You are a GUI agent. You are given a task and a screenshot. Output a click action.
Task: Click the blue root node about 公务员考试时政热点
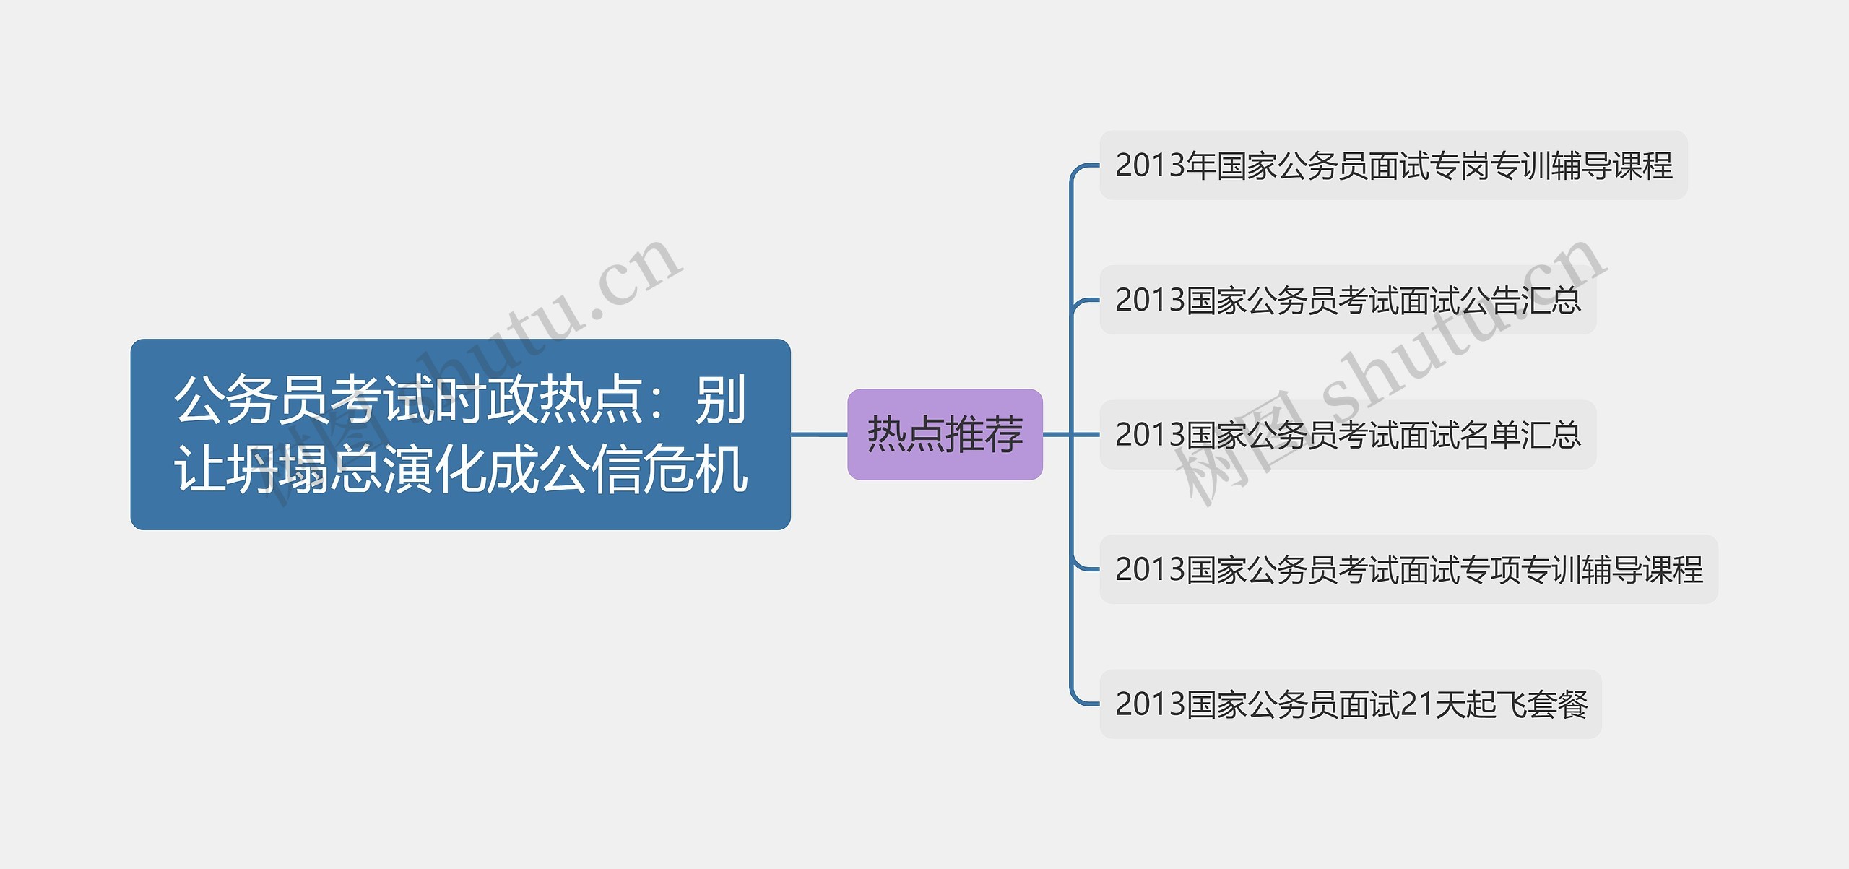pos(460,434)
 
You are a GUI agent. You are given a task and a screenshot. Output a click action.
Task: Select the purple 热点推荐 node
pos(945,434)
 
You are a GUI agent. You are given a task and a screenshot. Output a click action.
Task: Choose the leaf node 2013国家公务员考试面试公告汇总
pos(1348,300)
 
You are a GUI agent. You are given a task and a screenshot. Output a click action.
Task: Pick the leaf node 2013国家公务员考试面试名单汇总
pos(1348,435)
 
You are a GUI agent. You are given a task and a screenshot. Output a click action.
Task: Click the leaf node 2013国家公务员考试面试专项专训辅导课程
pos(1408,569)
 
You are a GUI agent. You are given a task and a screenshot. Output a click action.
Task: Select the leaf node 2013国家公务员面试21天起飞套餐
pos(1350,704)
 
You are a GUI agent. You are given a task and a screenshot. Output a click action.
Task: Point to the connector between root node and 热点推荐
pos(819,434)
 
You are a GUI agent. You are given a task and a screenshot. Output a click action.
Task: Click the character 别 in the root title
pos(721,399)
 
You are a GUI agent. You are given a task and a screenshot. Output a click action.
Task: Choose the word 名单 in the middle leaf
pos(1489,435)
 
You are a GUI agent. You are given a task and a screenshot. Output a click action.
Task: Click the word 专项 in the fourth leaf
pos(1489,569)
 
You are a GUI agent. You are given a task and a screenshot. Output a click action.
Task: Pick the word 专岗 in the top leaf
pos(1459,165)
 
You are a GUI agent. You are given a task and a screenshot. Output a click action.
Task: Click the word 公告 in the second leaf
pos(1489,300)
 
